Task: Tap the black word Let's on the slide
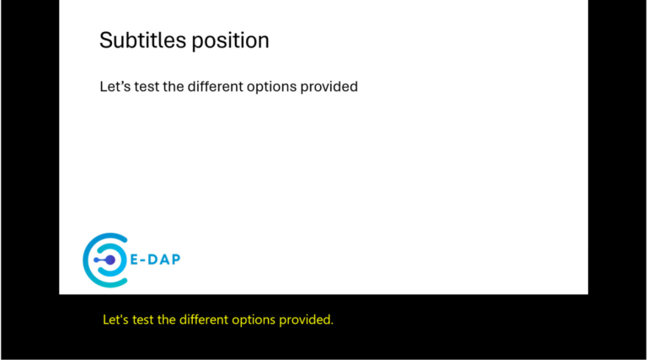(x=114, y=86)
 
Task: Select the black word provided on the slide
(x=332, y=87)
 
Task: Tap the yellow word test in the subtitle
(x=145, y=320)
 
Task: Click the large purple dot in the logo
(x=110, y=261)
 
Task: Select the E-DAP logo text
(x=154, y=259)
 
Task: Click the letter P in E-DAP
(x=174, y=259)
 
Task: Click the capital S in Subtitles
(x=105, y=40)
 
